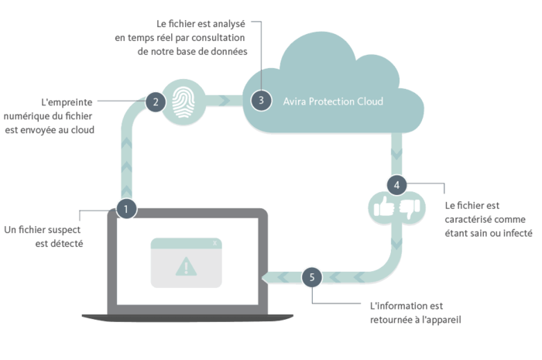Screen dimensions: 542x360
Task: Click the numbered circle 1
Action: (126, 209)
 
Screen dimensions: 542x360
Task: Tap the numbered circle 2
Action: (156, 102)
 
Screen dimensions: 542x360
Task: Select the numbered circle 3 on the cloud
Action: (262, 101)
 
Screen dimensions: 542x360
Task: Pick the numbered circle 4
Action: (396, 185)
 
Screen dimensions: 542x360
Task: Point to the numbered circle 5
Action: (312, 277)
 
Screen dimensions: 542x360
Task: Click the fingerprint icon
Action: (184, 102)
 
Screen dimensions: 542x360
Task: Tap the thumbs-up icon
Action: (384, 206)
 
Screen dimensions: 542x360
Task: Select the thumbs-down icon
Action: (410, 209)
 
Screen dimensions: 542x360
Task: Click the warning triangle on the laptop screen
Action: (186, 266)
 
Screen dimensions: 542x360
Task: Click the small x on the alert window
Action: (215, 243)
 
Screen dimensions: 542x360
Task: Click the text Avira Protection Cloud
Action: (333, 101)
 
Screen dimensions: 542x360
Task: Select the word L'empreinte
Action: (67, 102)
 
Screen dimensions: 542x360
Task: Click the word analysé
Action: (229, 24)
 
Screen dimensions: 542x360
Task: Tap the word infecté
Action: (517, 233)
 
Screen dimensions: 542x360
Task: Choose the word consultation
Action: (218, 37)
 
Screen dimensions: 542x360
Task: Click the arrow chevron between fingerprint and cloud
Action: (225, 101)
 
